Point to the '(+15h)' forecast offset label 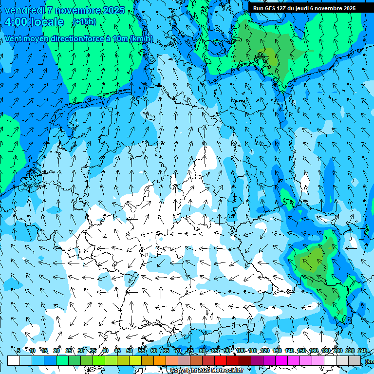coord(84,22)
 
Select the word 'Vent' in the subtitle coord(14,39)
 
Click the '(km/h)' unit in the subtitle coord(142,39)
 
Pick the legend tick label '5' coord(19,351)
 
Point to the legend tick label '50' coord(130,351)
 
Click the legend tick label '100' coord(241,351)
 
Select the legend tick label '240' coord(362,351)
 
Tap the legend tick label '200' coord(337,351)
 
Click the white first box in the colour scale coord(14,360)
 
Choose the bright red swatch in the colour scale coord(221,360)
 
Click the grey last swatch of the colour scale coord(355,360)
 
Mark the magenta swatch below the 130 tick coord(281,360)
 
